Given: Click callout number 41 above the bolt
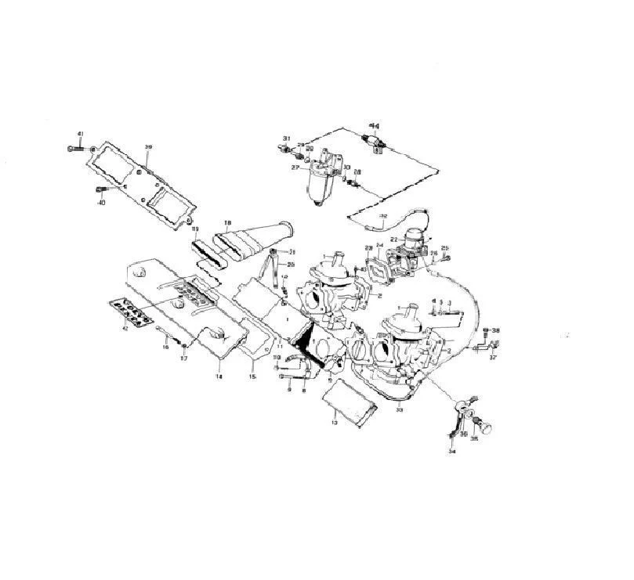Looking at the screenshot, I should coord(79,136).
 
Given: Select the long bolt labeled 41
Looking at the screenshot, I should coord(76,148).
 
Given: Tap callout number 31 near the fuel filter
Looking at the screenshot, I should coord(287,139).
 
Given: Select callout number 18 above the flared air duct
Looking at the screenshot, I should coord(227,222).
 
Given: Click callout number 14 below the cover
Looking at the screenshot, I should coord(219,377).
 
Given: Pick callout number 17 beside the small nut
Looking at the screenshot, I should coord(184,359).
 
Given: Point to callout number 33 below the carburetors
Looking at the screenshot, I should coord(399,409).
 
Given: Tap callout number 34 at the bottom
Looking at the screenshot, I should coord(451,452).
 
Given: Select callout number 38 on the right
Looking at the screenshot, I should coord(495,331).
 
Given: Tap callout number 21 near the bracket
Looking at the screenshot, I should coord(291,252).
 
